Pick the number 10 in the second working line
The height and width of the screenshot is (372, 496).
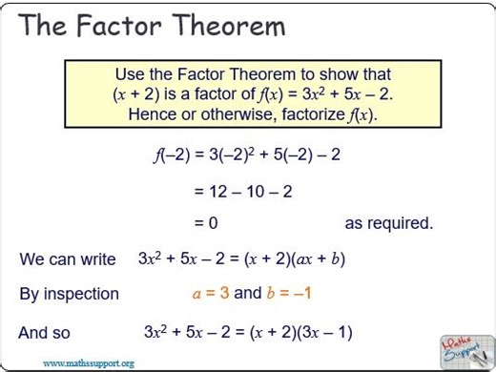tap(255, 192)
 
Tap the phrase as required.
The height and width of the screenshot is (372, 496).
tap(388, 223)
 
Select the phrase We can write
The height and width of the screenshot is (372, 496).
tap(67, 259)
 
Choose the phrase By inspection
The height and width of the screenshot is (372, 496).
tap(69, 294)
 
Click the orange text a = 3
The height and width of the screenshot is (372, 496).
tap(211, 293)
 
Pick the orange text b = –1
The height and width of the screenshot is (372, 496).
tap(289, 293)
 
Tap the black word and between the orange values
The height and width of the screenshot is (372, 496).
tap(247, 293)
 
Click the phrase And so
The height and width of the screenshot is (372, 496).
tap(44, 333)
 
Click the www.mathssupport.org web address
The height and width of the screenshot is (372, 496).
tap(88, 362)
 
